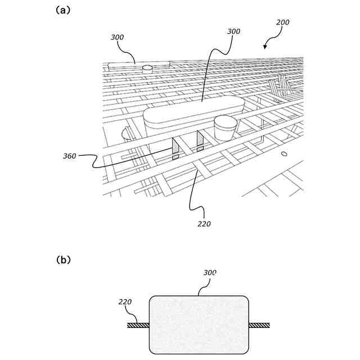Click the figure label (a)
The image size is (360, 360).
pos(63,10)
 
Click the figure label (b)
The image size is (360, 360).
pos(63,260)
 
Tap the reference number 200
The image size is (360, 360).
pos(282,22)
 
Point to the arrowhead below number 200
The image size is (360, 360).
pos(265,47)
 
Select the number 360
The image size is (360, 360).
pos(70,156)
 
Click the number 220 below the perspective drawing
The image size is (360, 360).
pos(204,224)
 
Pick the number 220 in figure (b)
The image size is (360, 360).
pos(125,302)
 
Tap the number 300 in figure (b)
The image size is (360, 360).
pos(209,273)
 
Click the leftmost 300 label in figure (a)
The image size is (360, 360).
pos(117,38)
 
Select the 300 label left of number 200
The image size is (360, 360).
pos(233,31)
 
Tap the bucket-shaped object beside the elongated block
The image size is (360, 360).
pos(226,128)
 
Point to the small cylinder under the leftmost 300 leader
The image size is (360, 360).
pos(147,68)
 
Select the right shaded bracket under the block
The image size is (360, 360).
pos(200,141)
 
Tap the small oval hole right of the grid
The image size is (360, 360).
pos(284,153)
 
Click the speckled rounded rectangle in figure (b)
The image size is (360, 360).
pos(199,325)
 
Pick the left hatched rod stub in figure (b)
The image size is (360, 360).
pos(138,325)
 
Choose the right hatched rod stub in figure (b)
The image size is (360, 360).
pos(259,325)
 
